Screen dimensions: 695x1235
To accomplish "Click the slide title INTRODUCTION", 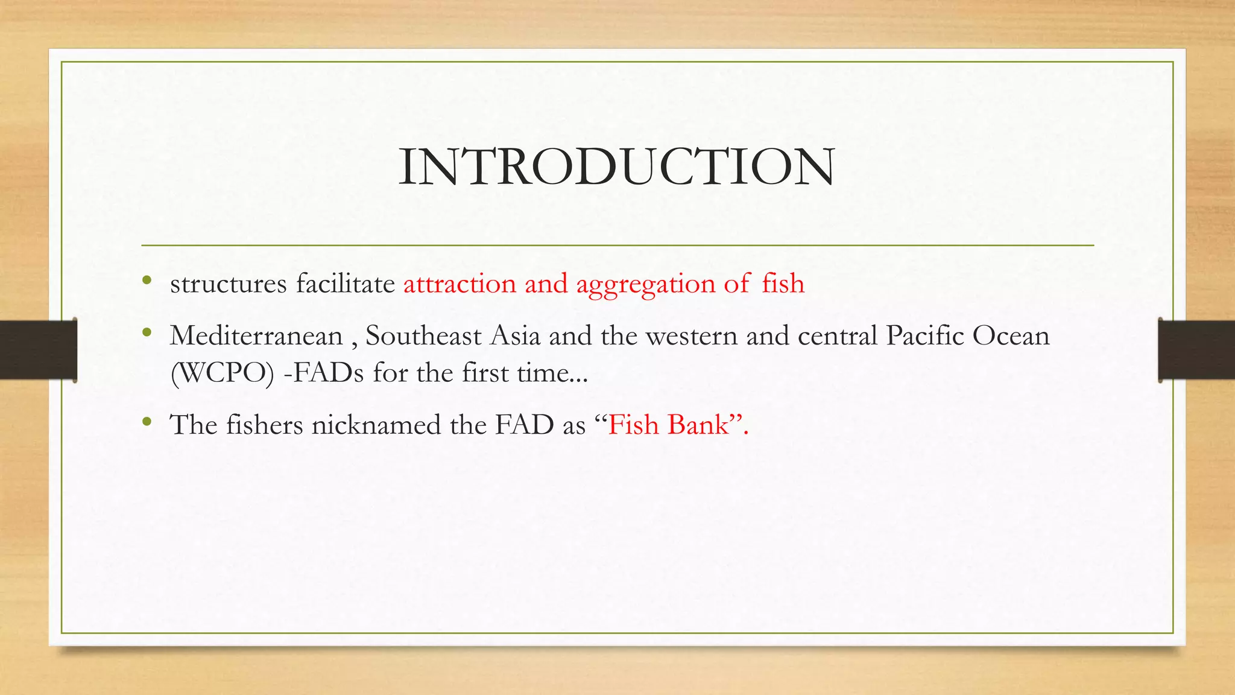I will coord(616,167).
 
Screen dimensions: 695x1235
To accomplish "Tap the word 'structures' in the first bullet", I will coord(228,284).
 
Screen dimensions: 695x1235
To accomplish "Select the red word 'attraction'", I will coord(460,284).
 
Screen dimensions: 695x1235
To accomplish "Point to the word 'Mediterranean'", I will coord(256,335).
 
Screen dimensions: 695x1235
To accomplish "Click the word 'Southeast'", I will coord(423,335).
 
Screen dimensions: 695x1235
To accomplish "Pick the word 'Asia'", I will coord(515,335).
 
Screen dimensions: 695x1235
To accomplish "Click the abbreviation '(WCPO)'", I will coord(223,373).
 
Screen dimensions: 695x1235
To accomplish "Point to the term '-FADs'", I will coord(323,373).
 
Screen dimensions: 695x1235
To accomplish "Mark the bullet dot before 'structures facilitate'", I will coord(147,280).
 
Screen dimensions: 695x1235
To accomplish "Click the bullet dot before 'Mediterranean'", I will coord(147,332).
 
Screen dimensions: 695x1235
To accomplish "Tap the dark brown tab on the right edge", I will coord(1196,350).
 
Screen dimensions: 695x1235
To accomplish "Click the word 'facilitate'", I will coord(345,284).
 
